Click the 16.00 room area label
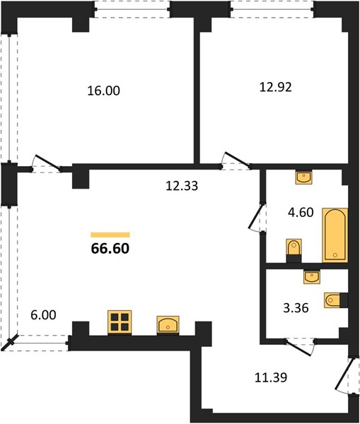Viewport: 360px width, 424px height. point(104,91)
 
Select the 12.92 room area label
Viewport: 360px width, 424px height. point(276,88)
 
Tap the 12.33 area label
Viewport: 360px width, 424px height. point(182,186)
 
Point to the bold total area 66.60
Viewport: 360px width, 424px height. point(110,249)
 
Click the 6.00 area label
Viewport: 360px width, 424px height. point(43,315)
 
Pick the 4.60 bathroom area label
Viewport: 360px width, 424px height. point(301,213)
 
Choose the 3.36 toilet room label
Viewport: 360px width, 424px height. point(296,308)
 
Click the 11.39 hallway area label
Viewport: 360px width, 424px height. point(271,377)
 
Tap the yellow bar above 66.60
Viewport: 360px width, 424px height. point(110,235)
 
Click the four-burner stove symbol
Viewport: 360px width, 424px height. point(120,322)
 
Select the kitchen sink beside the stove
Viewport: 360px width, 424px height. point(168,325)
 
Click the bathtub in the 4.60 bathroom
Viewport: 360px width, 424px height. point(335,235)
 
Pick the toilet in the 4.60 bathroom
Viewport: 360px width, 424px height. point(294,250)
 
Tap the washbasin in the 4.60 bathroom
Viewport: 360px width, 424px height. point(303,177)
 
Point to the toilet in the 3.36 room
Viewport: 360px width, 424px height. point(336,300)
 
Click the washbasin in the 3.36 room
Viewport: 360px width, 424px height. point(312,276)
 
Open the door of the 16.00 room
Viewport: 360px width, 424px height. point(47,163)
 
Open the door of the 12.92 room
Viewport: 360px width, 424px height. point(236,160)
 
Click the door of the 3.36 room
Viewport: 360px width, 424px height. point(300,348)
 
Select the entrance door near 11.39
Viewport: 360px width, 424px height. point(344,375)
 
